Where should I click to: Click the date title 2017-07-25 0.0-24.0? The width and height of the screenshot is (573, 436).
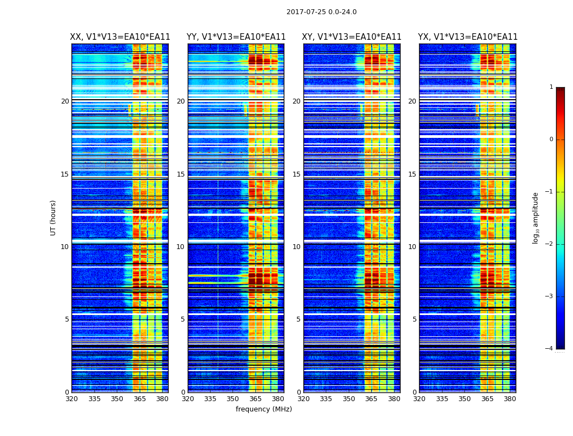tap(321, 12)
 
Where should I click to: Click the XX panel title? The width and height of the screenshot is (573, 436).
tap(120, 37)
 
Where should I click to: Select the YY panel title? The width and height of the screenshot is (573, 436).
tap(236, 37)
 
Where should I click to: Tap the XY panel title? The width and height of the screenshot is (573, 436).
tap(352, 37)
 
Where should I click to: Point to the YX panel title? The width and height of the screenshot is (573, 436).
tap(468, 37)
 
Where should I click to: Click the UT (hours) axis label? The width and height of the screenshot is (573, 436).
tap(53, 217)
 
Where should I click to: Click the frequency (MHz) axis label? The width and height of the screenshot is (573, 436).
tap(264, 409)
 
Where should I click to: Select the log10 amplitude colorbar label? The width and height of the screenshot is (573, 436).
tap(536, 217)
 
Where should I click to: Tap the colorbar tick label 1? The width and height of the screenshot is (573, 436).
tap(551, 87)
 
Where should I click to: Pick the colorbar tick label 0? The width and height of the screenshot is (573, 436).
tap(551, 140)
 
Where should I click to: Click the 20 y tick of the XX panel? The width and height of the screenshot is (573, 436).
tap(65, 101)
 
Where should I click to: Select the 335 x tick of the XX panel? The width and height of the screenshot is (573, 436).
tap(94, 399)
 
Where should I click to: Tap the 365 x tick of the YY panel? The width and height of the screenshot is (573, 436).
tap(255, 399)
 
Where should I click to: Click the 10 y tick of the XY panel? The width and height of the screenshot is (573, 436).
tap(296, 247)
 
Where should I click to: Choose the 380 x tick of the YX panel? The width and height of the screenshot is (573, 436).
tap(510, 399)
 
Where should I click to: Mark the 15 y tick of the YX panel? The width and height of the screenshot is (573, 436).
tap(412, 174)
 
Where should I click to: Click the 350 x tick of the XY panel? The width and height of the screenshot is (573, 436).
tap(349, 399)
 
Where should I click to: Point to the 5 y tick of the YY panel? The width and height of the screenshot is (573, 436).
tap(183, 319)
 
